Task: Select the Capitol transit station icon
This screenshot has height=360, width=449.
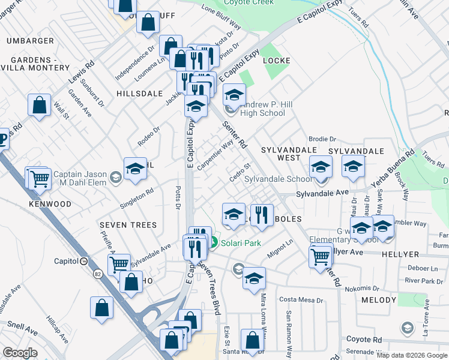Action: point(85,261)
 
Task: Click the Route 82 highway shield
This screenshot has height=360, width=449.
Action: point(97,274)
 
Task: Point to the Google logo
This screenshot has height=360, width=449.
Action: point(20,353)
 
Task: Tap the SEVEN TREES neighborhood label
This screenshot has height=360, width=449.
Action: point(128,225)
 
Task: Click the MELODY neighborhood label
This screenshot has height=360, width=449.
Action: point(379,300)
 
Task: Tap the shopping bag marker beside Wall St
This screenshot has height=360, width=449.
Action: point(39,105)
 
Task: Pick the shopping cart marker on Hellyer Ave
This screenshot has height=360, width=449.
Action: point(321,256)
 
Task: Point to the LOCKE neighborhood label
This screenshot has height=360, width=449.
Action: point(276,61)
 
